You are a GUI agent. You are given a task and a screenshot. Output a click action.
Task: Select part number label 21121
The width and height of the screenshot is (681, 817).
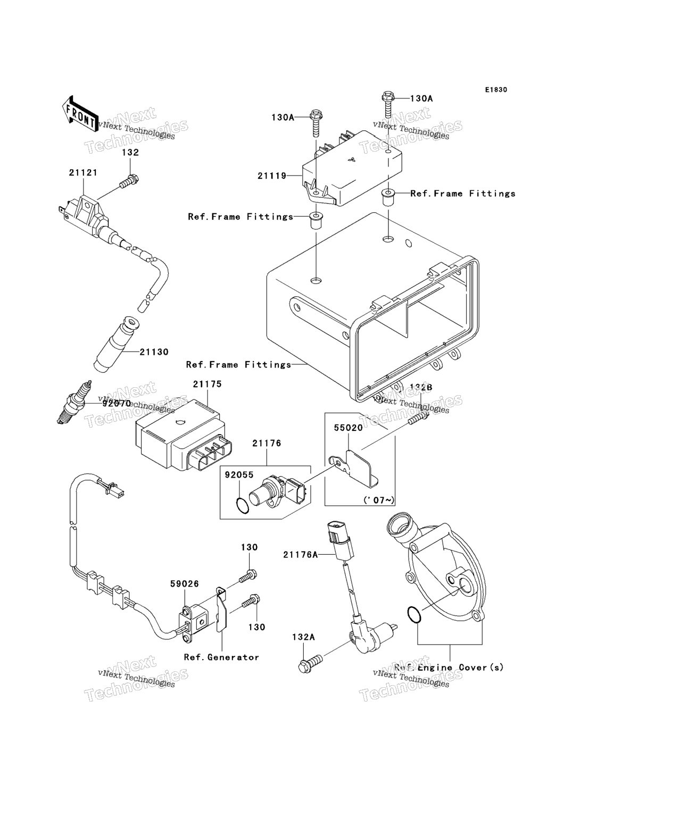[83, 173]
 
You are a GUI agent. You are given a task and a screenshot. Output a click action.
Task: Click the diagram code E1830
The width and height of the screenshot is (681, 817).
[495, 89]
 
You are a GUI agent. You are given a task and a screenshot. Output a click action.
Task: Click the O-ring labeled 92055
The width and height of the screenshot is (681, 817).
[242, 506]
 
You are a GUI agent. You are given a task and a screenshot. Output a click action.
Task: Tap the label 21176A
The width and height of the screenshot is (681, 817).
[301, 555]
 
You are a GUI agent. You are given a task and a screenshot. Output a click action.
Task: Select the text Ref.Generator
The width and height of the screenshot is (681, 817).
[221, 657]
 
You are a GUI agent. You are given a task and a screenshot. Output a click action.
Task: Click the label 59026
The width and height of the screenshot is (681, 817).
[184, 583]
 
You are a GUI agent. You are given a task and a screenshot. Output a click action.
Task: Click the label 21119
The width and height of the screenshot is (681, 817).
[272, 176]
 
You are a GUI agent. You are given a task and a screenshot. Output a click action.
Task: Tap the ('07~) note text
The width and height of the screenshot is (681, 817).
[379, 500]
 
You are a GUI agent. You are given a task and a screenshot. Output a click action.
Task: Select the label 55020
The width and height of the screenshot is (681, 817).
[348, 427]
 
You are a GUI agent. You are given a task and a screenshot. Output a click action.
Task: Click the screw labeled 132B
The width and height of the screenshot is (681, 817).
[418, 420]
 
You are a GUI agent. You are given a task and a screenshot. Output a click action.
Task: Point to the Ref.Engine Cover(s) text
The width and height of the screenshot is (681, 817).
[449, 667]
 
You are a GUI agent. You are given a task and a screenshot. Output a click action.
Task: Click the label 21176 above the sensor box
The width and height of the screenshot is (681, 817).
[267, 443]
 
